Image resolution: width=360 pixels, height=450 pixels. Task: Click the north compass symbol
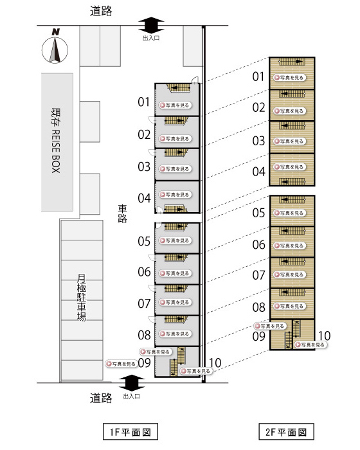click(x=55, y=47)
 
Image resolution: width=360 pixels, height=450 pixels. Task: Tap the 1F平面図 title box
click(x=130, y=431)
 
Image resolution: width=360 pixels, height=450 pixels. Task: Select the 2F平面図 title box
click(x=286, y=431)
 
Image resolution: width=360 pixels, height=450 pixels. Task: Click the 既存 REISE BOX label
click(x=56, y=141)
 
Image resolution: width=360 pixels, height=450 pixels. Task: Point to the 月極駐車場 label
click(x=81, y=297)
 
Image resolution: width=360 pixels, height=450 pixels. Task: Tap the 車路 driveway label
click(x=122, y=214)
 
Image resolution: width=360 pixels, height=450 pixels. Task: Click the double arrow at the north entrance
click(x=151, y=26)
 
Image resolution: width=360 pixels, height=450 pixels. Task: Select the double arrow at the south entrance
click(x=132, y=383)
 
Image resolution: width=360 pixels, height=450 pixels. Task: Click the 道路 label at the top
click(x=101, y=11)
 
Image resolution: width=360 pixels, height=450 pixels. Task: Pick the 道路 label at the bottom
click(x=101, y=398)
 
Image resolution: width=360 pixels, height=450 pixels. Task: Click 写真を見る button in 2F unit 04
click(x=290, y=167)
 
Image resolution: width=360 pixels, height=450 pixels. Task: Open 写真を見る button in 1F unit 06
click(x=175, y=273)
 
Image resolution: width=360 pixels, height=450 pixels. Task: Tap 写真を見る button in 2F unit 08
click(x=290, y=306)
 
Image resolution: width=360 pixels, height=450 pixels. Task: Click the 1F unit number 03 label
click(x=144, y=166)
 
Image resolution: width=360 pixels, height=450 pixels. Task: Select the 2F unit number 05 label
click(x=258, y=213)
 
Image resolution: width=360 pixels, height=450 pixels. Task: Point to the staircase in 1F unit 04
click(x=175, y=209)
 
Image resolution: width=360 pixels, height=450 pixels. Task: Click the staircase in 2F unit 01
click(x=291, y=62)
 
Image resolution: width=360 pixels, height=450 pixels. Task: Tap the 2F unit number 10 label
click(x=325, y=336)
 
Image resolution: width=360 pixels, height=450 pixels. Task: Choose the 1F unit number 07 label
click(x=144, y=303)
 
